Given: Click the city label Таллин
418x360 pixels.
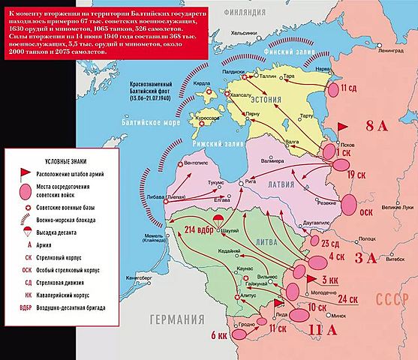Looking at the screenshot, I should click(x=267, y=77).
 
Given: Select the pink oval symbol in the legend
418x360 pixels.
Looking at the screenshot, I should click(x=26, y=188).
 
